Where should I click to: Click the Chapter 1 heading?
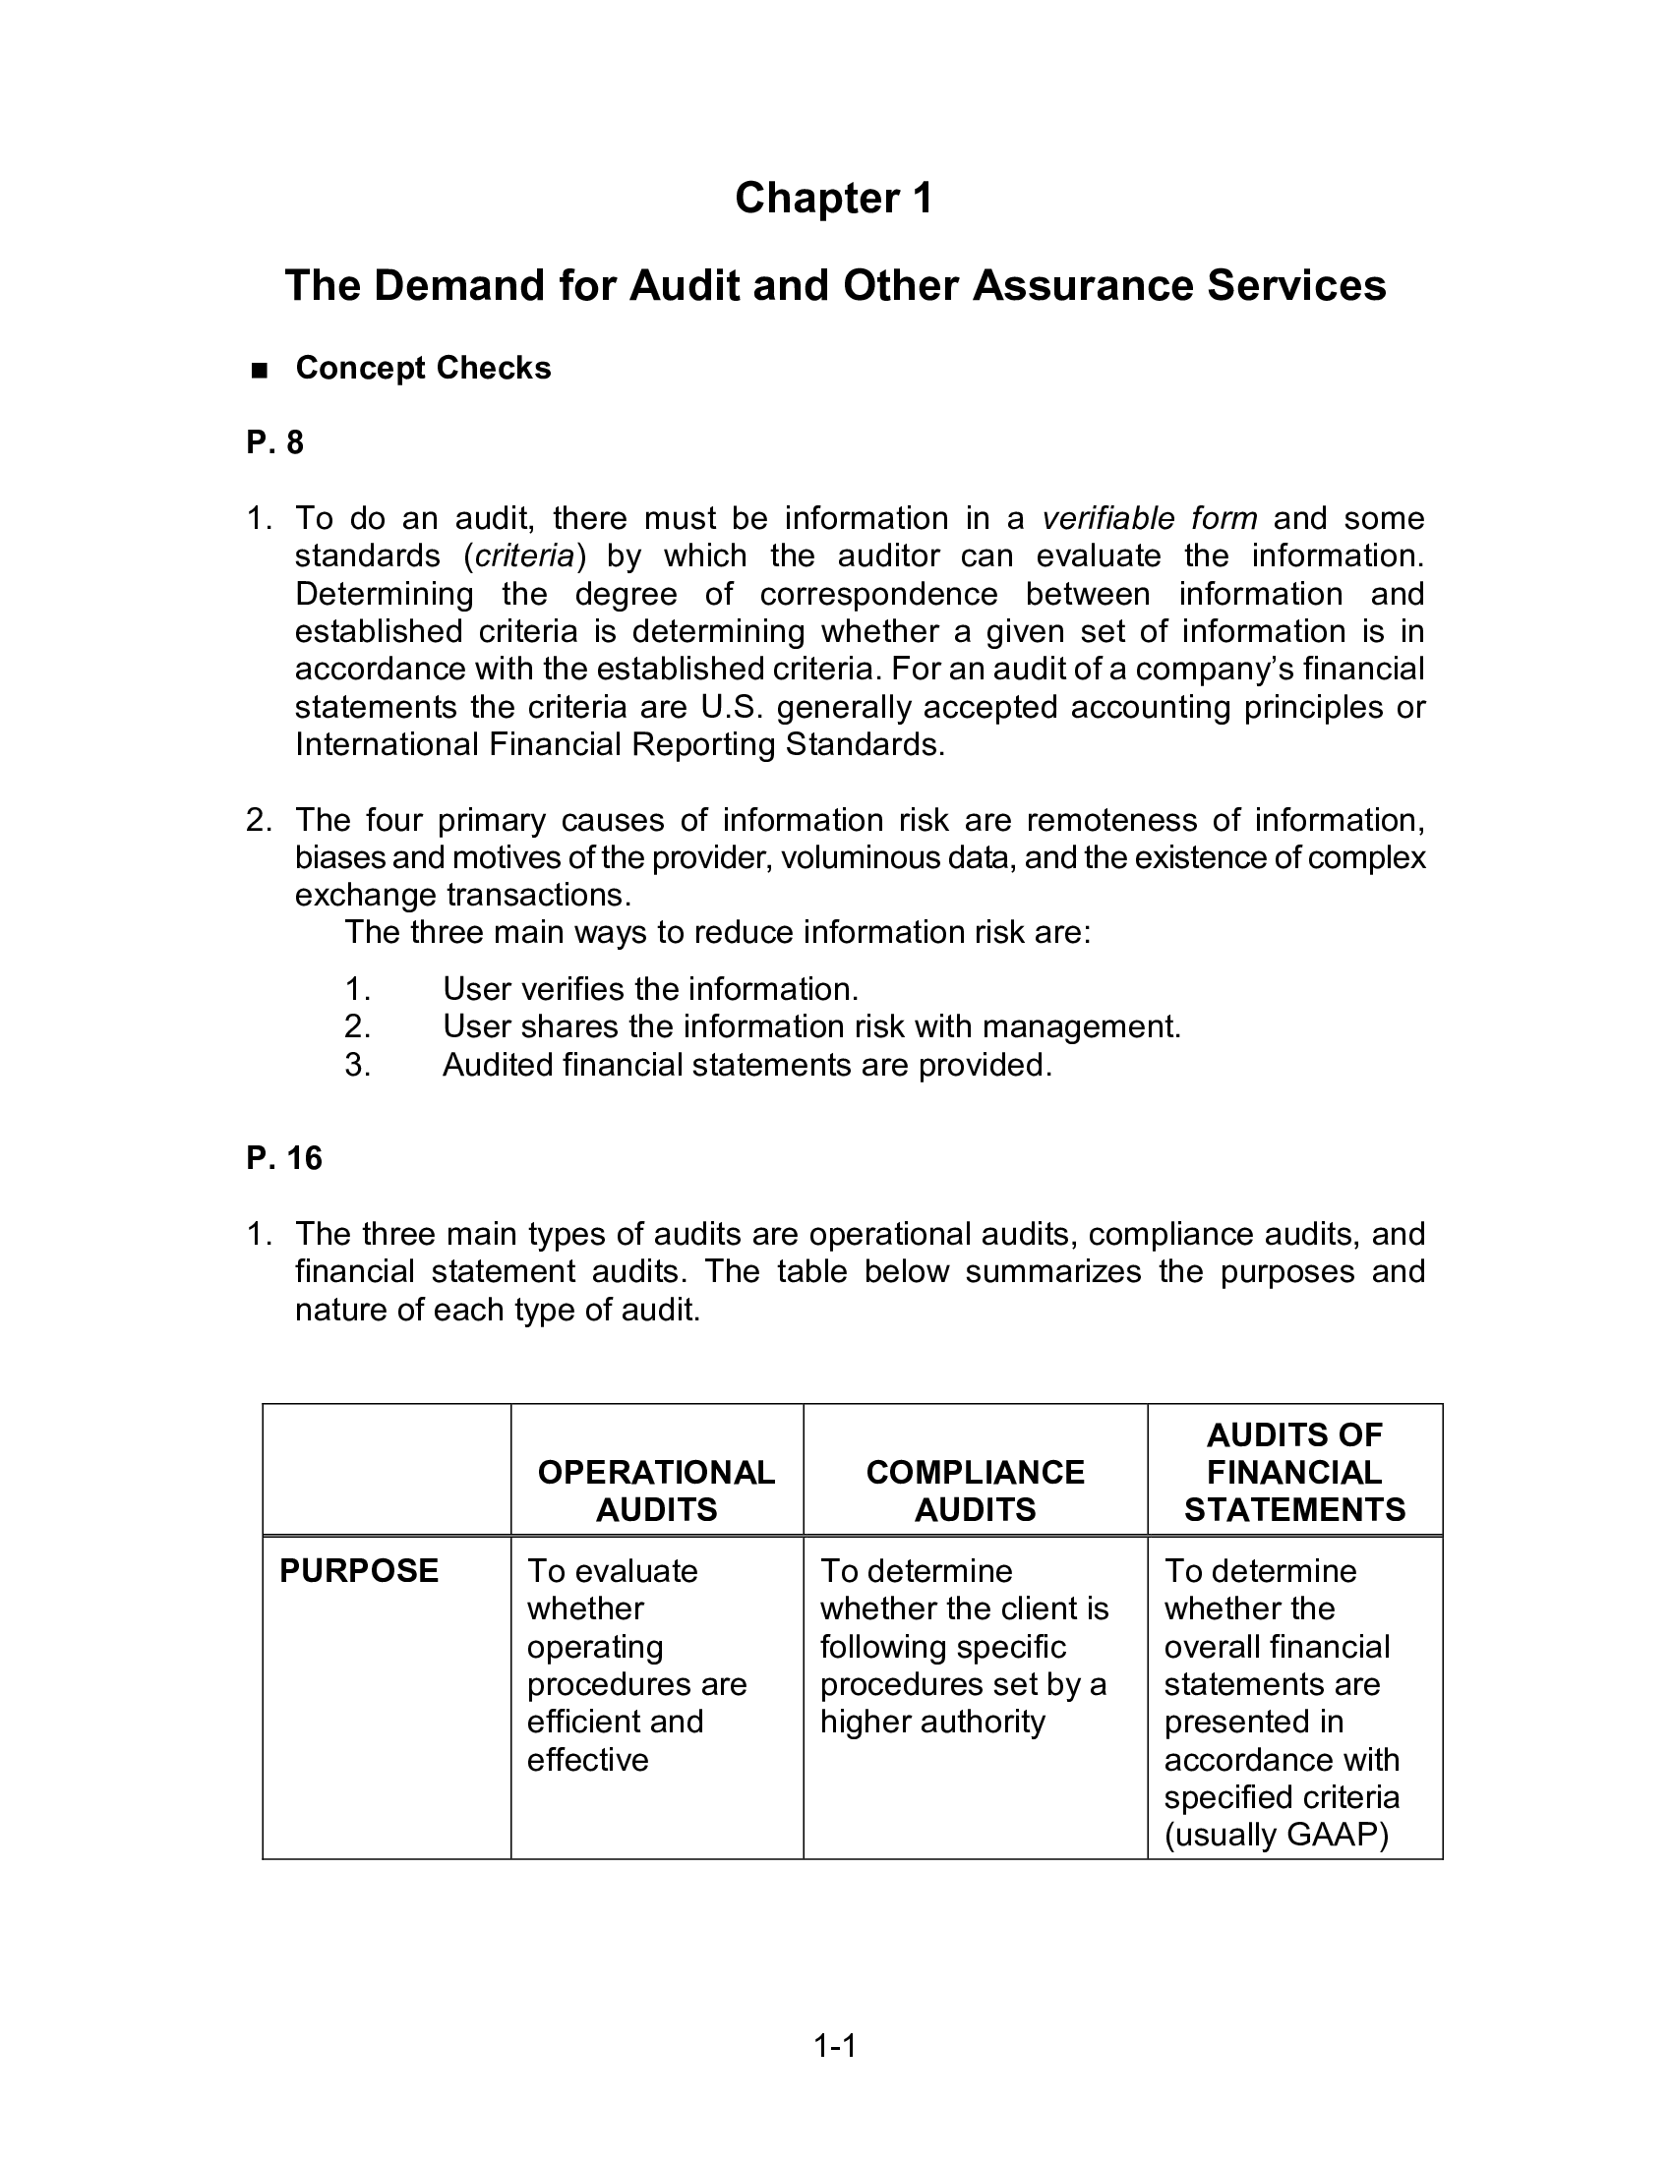pyautogui.click(x=833, y=198)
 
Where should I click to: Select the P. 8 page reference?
pyautogui.click(x=274, y=442)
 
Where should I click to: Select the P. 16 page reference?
pyautogui.click(x=283, y=1158)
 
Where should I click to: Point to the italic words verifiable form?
pyautogui.click(x=1149, y=518)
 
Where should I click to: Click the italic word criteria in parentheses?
pyautogui.click(x=524, y=555)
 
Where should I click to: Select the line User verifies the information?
pyautogui.click(x=650, y=988)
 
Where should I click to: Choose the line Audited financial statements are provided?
pyautogui.click(x=746, y=1065)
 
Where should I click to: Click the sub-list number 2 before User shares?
pyautogui.click(x=357, y=1027)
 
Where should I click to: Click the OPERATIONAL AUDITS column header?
pyautogui.click(x=656, y=1491)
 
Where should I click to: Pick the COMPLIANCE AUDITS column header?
pyautogui.click(x=975, y=1491)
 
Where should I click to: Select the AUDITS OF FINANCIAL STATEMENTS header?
pyautogui.click(x=1293, y=1472)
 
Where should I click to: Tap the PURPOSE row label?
pyautogui.click(x=359, y=1571)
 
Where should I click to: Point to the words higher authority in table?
pyautogui.click(x=932, y=1722)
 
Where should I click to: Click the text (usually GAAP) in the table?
pyautogui.click(x=1276, y=1836)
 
